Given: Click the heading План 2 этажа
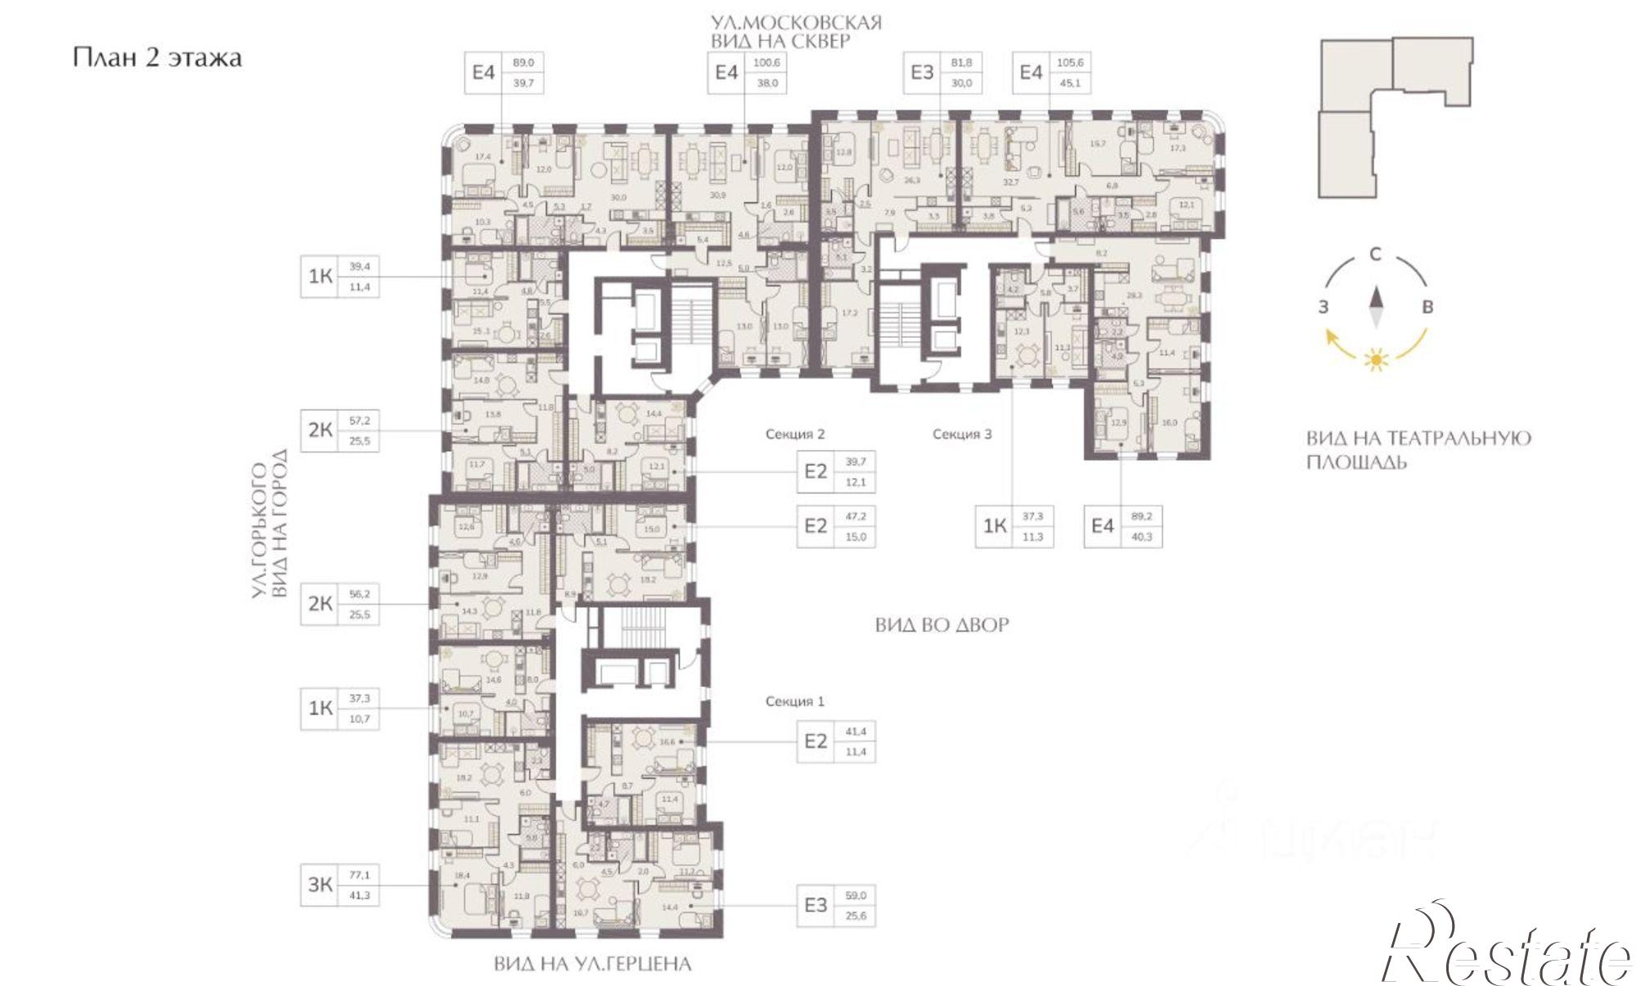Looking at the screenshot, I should click(x=156, y=58).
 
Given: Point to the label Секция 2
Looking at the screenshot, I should click(x=794, y=434).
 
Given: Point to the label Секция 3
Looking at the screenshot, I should click(x=962, y=434).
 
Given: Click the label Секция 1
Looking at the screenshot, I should click(x=794, y=701).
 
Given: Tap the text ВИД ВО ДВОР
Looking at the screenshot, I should click(x=942, y=625).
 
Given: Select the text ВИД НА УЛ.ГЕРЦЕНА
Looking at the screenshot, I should click(x=592, y=965).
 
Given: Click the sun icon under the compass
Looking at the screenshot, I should click(x=1376, y=359).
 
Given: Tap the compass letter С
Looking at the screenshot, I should click(x=1376, y=254).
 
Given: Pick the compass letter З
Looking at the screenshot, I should click(x=1322, y=308).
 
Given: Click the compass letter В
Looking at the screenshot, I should click(x=1428, y=308).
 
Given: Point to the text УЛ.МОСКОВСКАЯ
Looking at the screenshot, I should click(x=795, y=22).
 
